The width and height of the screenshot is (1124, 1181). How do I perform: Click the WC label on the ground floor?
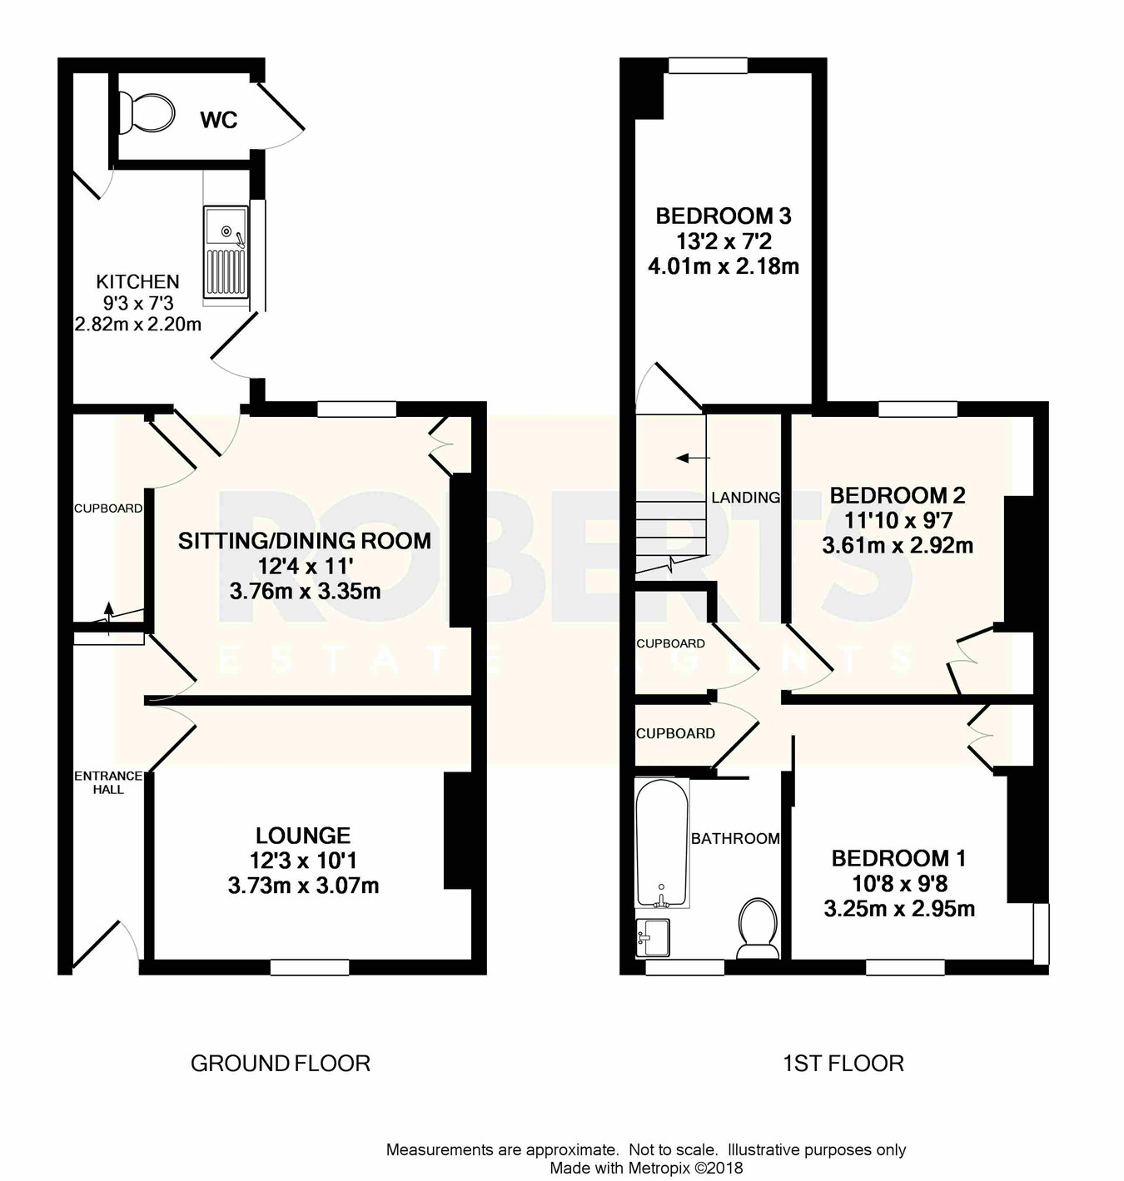point(219,120)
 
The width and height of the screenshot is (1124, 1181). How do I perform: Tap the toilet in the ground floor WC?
point(147,113)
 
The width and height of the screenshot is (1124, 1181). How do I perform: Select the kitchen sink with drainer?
point(226,252)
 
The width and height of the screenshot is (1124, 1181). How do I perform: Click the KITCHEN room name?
point(137,281)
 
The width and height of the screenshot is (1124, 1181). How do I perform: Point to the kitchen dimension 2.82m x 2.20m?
point(137,325)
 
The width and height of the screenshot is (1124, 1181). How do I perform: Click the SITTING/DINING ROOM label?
point(305,541)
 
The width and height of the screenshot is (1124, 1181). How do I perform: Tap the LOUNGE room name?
point(303,835)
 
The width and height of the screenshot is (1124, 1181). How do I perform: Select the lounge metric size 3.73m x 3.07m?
point(303,886)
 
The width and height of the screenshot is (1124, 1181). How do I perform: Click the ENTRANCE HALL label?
point(108,782)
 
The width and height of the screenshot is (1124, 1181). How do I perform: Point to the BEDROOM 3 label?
point(723,216)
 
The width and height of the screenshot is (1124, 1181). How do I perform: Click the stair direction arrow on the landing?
point(693,459)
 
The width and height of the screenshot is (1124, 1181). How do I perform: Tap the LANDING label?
point(745,498)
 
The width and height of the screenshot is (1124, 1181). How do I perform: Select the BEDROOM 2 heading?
point(898,495)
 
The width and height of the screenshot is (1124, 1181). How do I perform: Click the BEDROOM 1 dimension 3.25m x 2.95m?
point(899,909)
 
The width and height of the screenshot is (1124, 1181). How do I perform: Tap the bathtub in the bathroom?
point(661,844)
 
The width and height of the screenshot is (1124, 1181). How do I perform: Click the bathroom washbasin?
point(653,937)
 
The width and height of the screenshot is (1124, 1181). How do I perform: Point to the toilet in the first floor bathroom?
point(758,929)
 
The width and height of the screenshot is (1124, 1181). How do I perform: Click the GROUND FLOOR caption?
point(280,1064)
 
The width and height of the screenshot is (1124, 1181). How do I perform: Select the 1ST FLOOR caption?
point(843,1064)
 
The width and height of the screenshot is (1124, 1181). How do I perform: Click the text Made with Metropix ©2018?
point(646,1169)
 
